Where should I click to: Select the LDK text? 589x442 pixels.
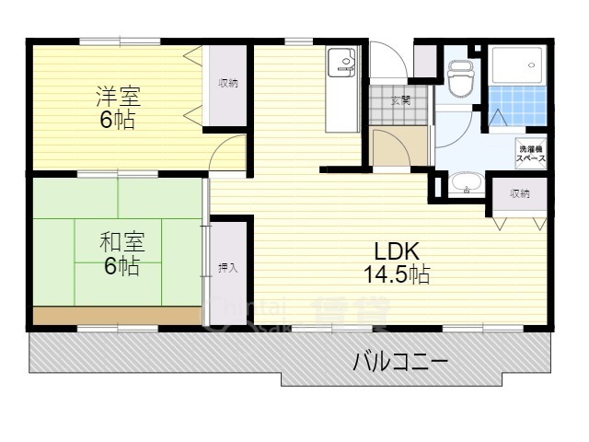[x=397, y=250]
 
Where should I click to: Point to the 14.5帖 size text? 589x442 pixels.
[x=397, y=273]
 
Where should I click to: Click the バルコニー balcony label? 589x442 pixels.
[x=400, y=361]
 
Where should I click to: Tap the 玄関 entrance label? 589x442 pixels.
[x=399, y=99]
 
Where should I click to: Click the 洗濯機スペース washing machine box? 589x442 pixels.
[x=530, y=153]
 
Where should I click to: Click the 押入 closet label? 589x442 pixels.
[x=228, y=268]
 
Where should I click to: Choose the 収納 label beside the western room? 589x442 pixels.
[x=228, y=83]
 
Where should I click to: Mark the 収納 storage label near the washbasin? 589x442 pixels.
[x=520, y=193]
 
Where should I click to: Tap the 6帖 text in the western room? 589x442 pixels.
[x=120, y=120]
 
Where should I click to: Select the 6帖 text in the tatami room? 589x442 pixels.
[x=121, y=267]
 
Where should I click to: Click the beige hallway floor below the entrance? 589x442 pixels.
[x=399, y=145]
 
